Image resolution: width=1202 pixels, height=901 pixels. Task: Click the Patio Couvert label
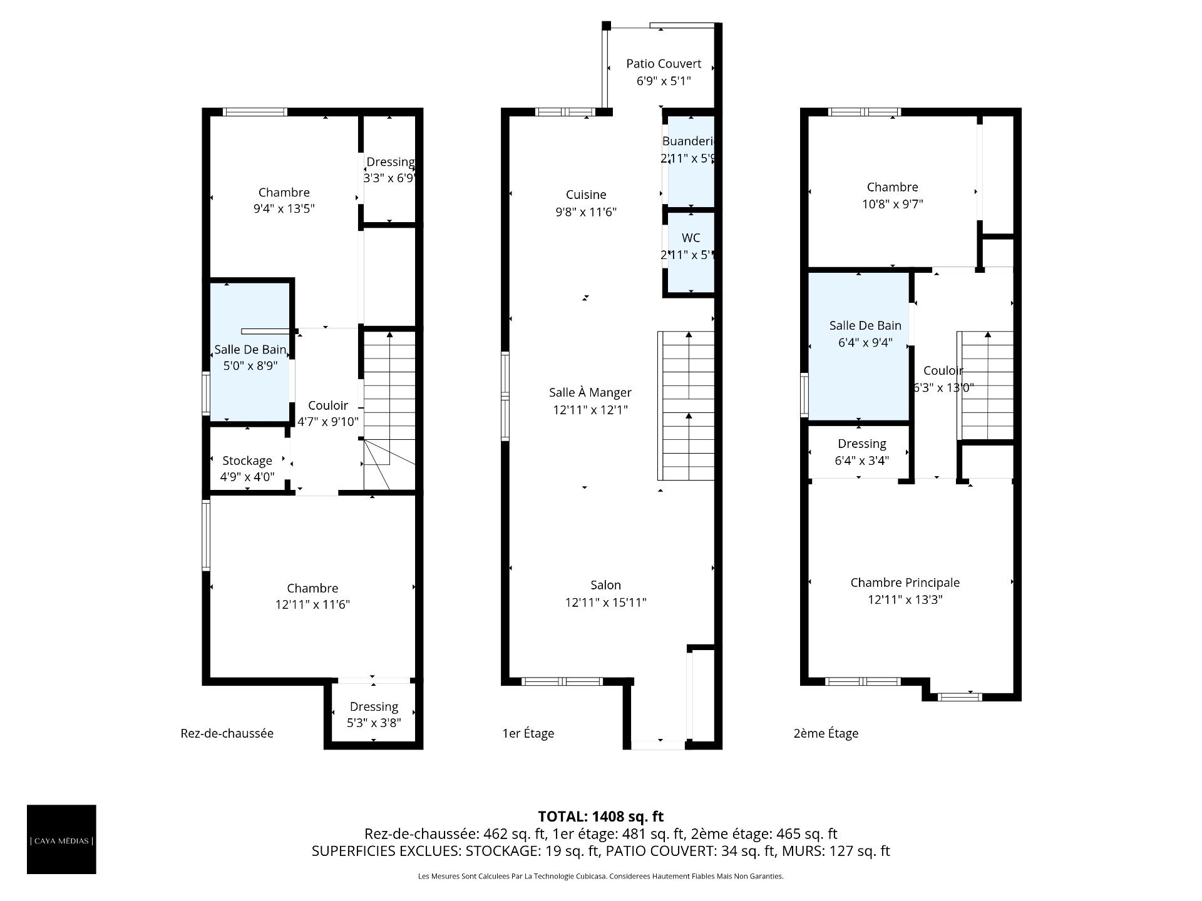664,64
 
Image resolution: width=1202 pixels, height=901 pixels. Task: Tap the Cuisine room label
586,195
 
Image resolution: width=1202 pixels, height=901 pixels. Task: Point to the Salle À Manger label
590,392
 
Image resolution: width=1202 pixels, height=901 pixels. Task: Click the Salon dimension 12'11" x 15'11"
605,603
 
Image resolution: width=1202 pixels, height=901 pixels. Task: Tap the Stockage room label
247,461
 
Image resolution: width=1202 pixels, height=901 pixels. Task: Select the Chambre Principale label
905,583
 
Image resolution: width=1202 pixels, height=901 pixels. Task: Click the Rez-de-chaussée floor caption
227,733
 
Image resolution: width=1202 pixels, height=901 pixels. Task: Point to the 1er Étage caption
528,733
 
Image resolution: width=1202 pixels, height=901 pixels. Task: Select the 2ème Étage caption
826,733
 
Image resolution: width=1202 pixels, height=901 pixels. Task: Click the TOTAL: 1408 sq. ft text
601,817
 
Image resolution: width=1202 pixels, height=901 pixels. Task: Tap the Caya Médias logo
61,840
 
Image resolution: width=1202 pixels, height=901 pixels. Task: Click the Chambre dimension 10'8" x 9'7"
892,204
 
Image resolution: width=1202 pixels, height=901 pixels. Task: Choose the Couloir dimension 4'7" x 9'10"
328,422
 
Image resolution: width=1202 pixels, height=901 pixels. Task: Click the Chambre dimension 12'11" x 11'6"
312,604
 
